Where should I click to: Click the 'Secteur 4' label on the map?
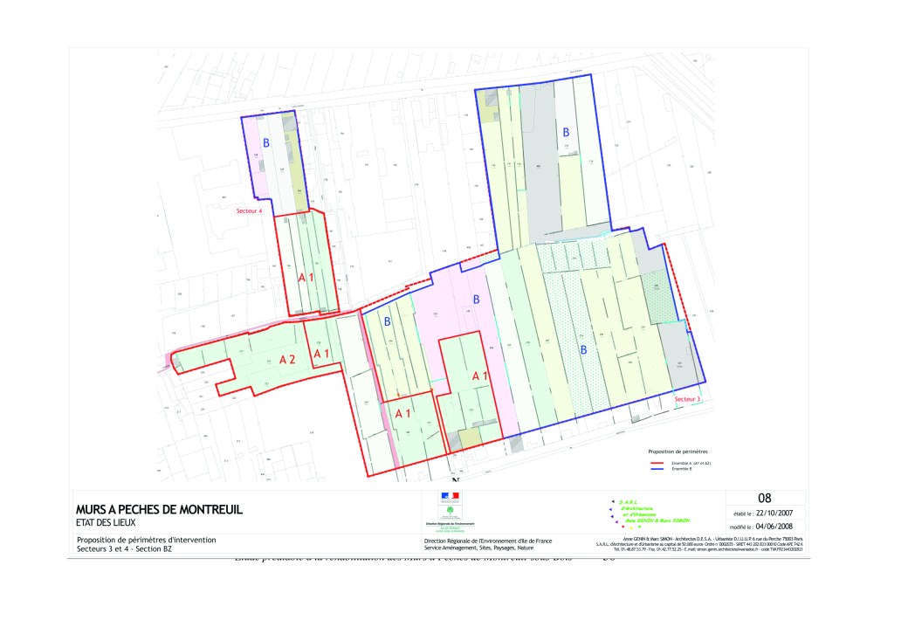coord(249,210)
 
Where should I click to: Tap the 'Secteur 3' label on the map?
coord(686,398)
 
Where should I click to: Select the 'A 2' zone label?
coord(287,359)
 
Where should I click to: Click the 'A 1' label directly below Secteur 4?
coord(306,277)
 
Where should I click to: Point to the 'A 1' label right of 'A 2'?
coord(321,353)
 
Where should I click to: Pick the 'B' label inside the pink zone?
coord(476,300)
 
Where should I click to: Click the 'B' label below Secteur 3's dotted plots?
coord(582,349)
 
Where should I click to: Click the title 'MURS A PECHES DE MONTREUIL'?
coord(159,509)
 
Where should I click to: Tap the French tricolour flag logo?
coord(450,497)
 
